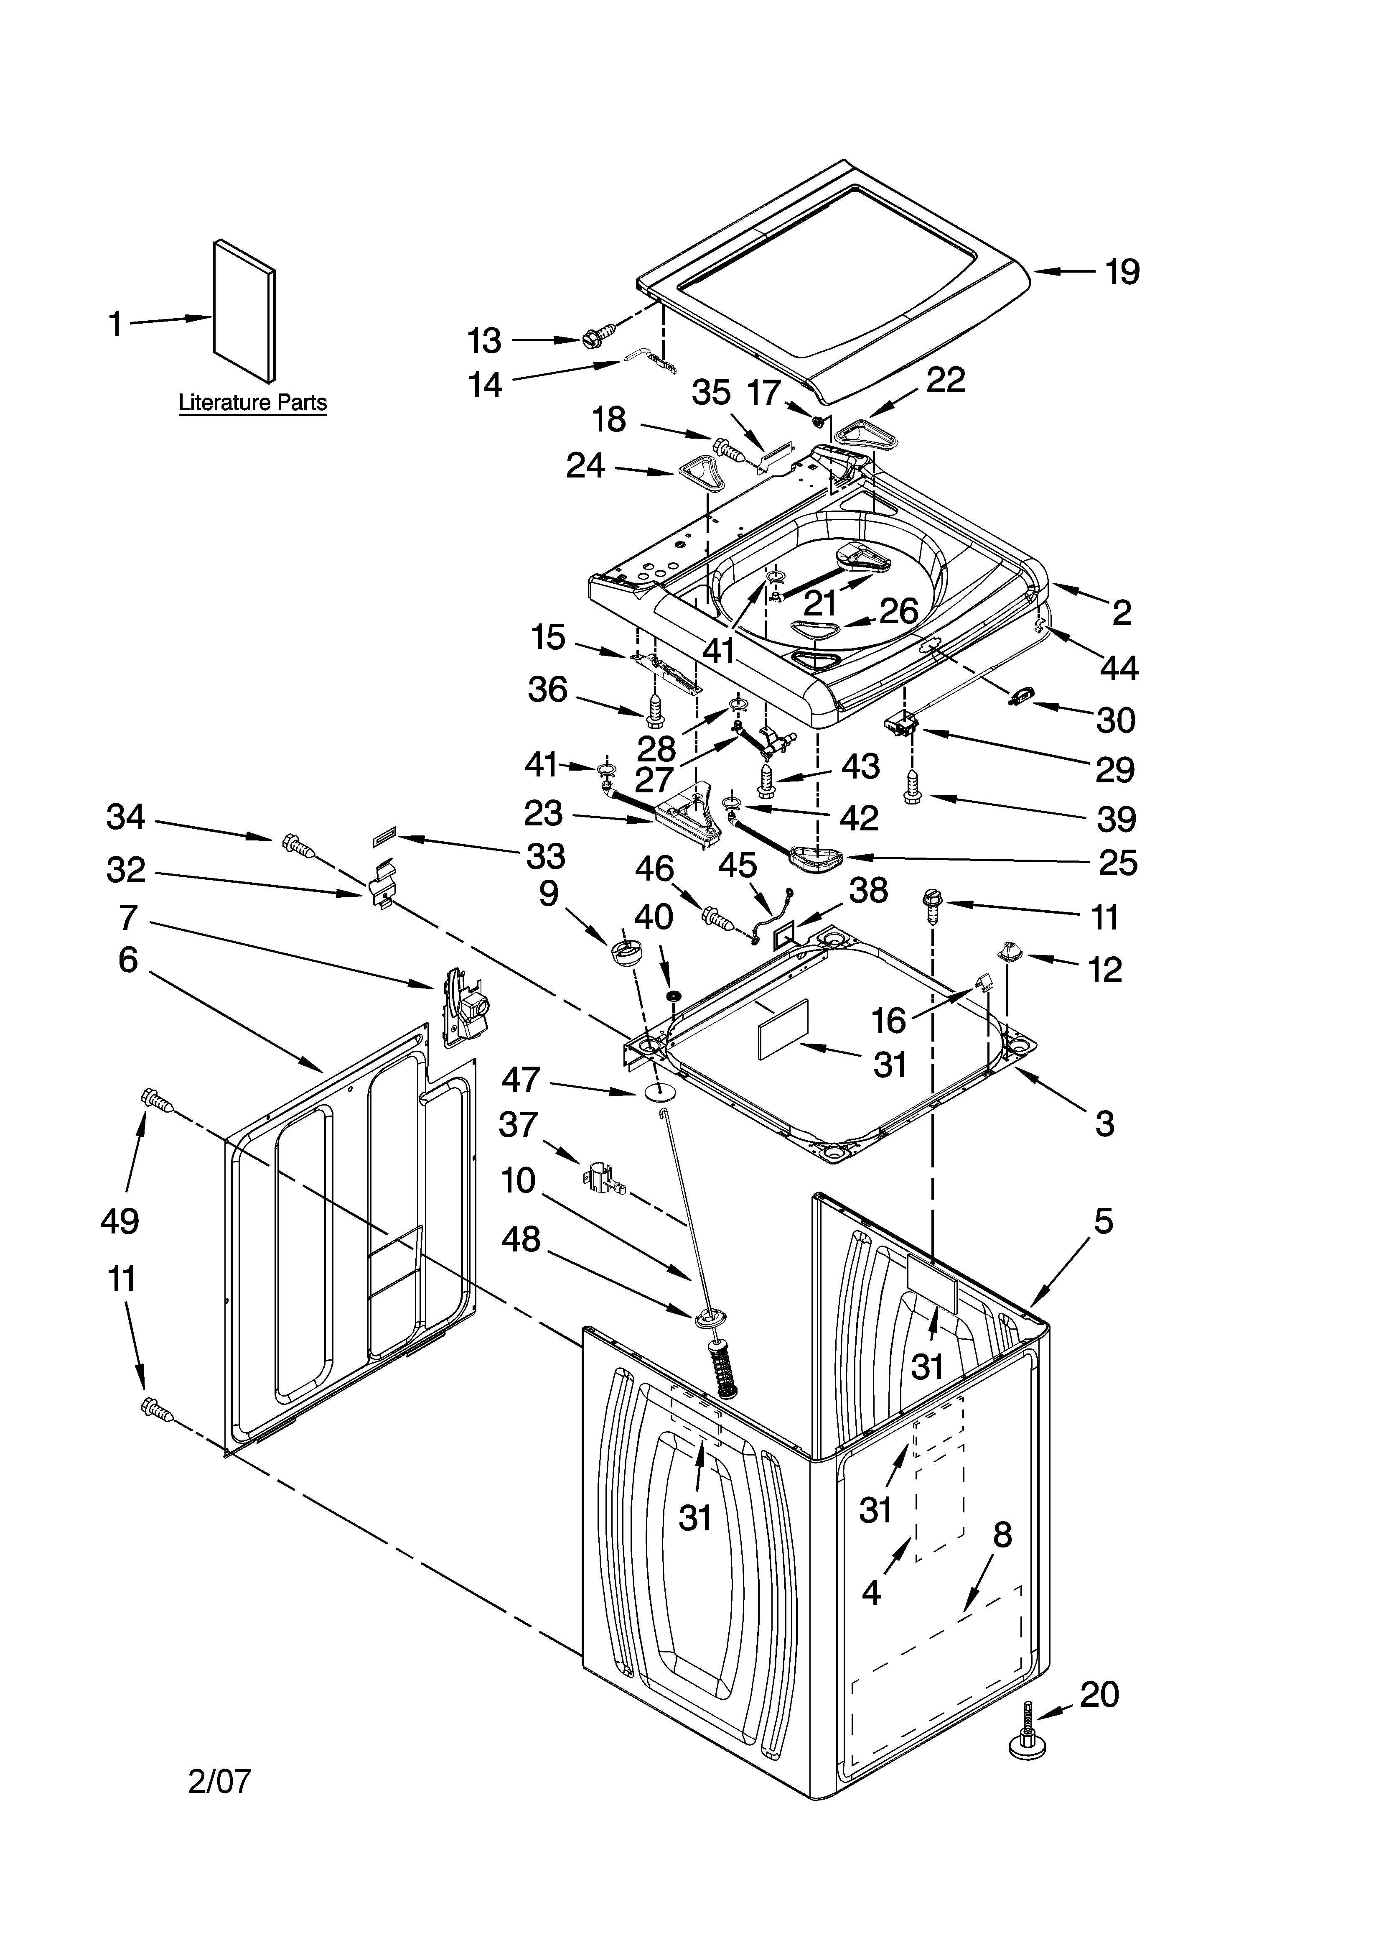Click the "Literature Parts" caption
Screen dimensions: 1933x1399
tap(252, 402)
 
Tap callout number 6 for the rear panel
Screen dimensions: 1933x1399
tap(128, 960)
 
